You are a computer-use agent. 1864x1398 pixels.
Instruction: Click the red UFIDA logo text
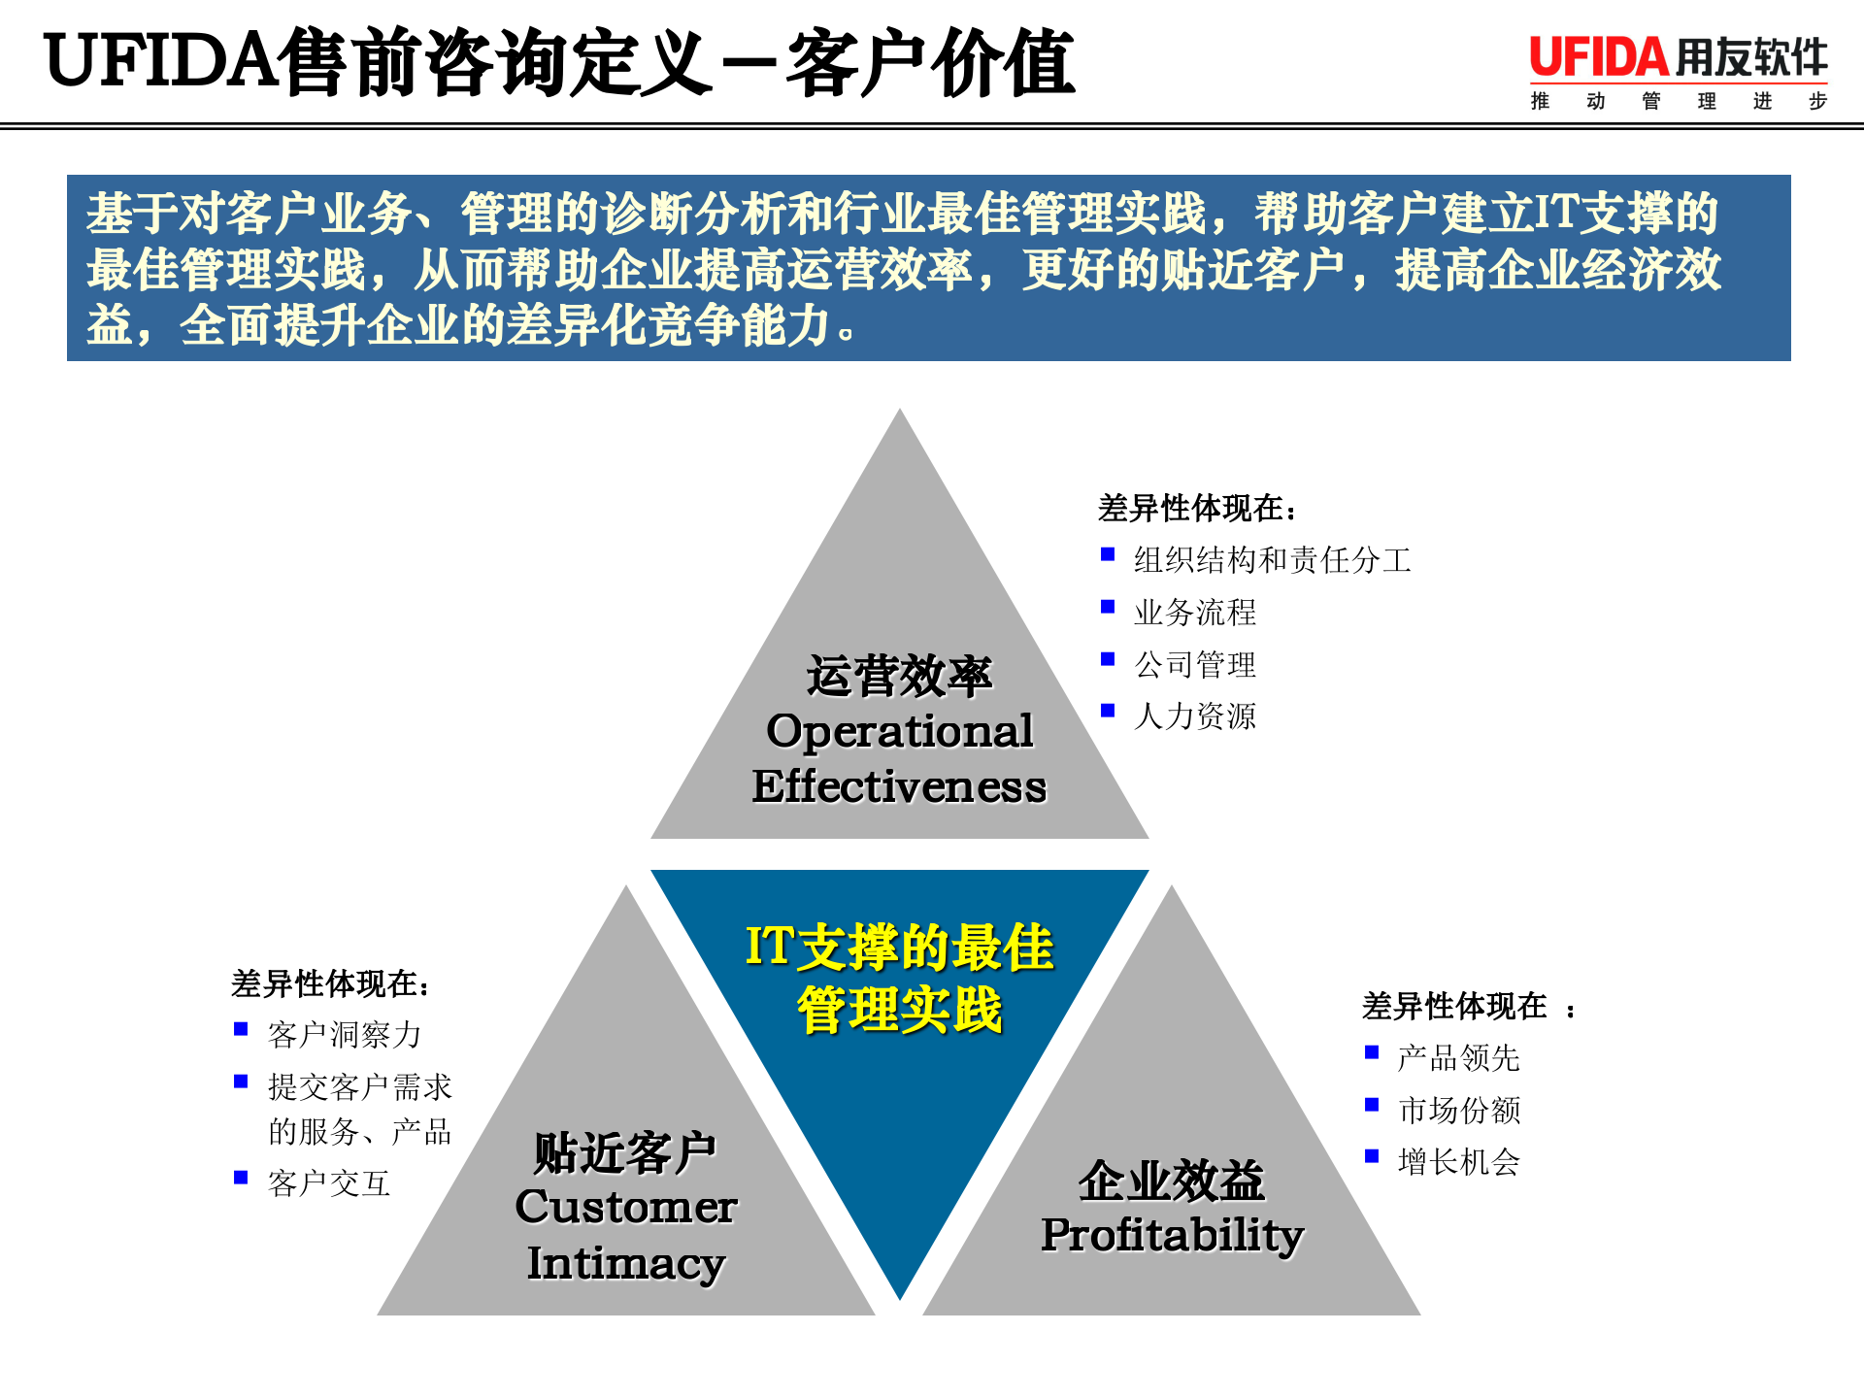[x=1598, y=58]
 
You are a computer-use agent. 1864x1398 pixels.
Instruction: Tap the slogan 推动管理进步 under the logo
[x=1679, y=101]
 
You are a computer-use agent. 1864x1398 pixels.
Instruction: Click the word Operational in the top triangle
[x=899, y=731]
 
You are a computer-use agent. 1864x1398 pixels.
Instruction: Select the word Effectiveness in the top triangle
[x=899, y=786]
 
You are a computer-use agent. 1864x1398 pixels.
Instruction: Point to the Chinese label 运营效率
[x=899, y=676]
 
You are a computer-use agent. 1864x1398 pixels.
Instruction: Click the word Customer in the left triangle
[x=626, y=1207]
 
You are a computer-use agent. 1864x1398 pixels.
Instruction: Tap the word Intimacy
[x=626, y=1263]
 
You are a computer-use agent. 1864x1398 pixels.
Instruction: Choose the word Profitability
[x=1172, y=1235]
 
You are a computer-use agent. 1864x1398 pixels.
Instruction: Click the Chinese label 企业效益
[x=1172, y=1181]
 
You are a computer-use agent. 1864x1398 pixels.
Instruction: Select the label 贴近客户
[x=626, y=1152]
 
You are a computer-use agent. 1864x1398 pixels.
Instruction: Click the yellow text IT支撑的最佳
[x=899, y=947]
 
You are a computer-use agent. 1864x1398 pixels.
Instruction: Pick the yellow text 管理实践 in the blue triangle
[x=899, y=1010]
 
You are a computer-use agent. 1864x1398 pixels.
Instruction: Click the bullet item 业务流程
[x=1195, y=613]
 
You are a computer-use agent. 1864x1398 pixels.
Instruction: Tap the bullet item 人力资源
[x=1195, y=716]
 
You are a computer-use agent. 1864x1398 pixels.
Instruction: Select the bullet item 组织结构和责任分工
[x=1272, y=560]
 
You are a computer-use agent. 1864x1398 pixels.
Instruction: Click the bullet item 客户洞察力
[x=345, y=1035]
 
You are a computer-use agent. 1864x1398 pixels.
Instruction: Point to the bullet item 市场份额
[x=1459, y=1110]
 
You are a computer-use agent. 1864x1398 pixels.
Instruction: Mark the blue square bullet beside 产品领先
[x=1372, y=1052]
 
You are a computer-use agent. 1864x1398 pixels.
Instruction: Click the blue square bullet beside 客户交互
[x=241, y=1178]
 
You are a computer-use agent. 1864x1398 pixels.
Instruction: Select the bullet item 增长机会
[x=1459, y=1162]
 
